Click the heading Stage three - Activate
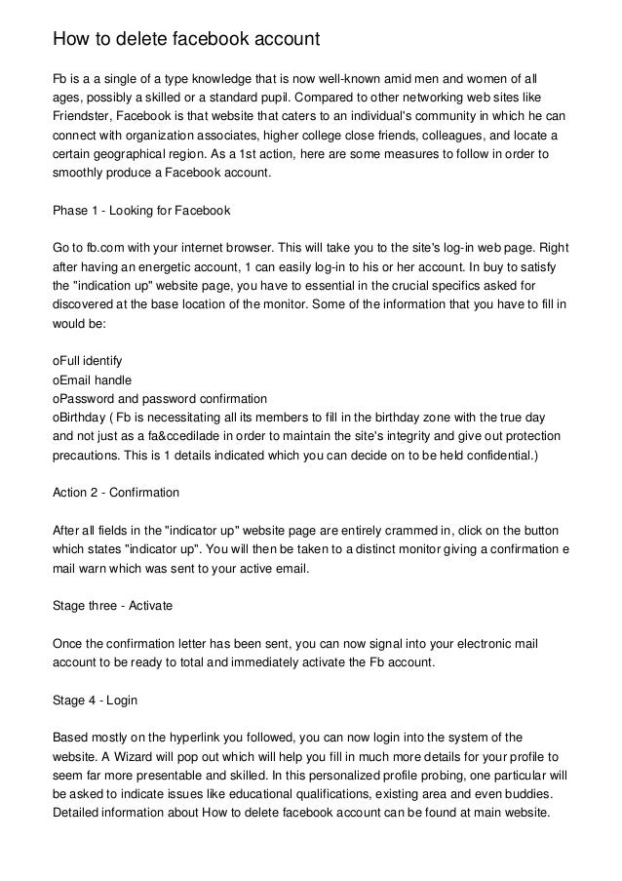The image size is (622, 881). [x=112, y=605]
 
